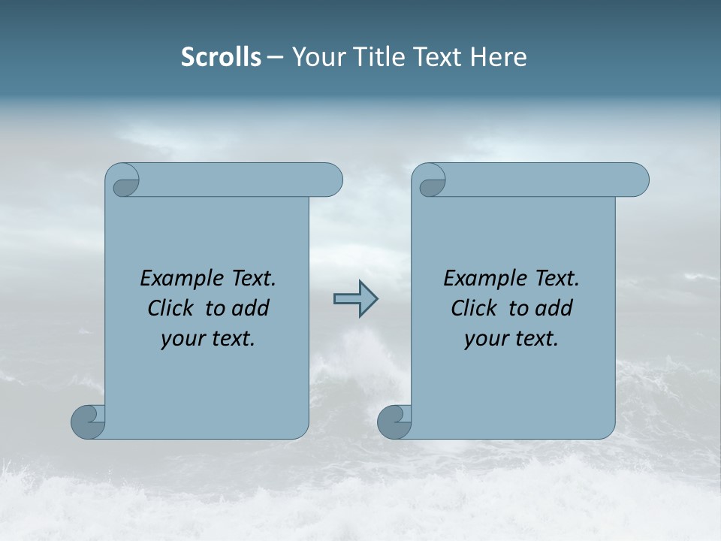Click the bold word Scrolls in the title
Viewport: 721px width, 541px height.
[x=222, y=57]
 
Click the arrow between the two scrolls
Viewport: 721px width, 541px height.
[x=355, y=299]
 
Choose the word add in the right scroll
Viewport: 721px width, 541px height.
[x=555, y=308]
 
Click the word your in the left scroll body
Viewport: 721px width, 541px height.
[x=181, y=339]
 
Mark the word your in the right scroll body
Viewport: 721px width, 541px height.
[x=484, y=339]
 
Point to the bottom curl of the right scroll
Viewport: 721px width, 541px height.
[x=394, y=422]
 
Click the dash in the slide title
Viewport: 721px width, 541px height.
[x=276, y=57]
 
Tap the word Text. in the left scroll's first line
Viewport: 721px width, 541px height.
[x=252, y=279]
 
